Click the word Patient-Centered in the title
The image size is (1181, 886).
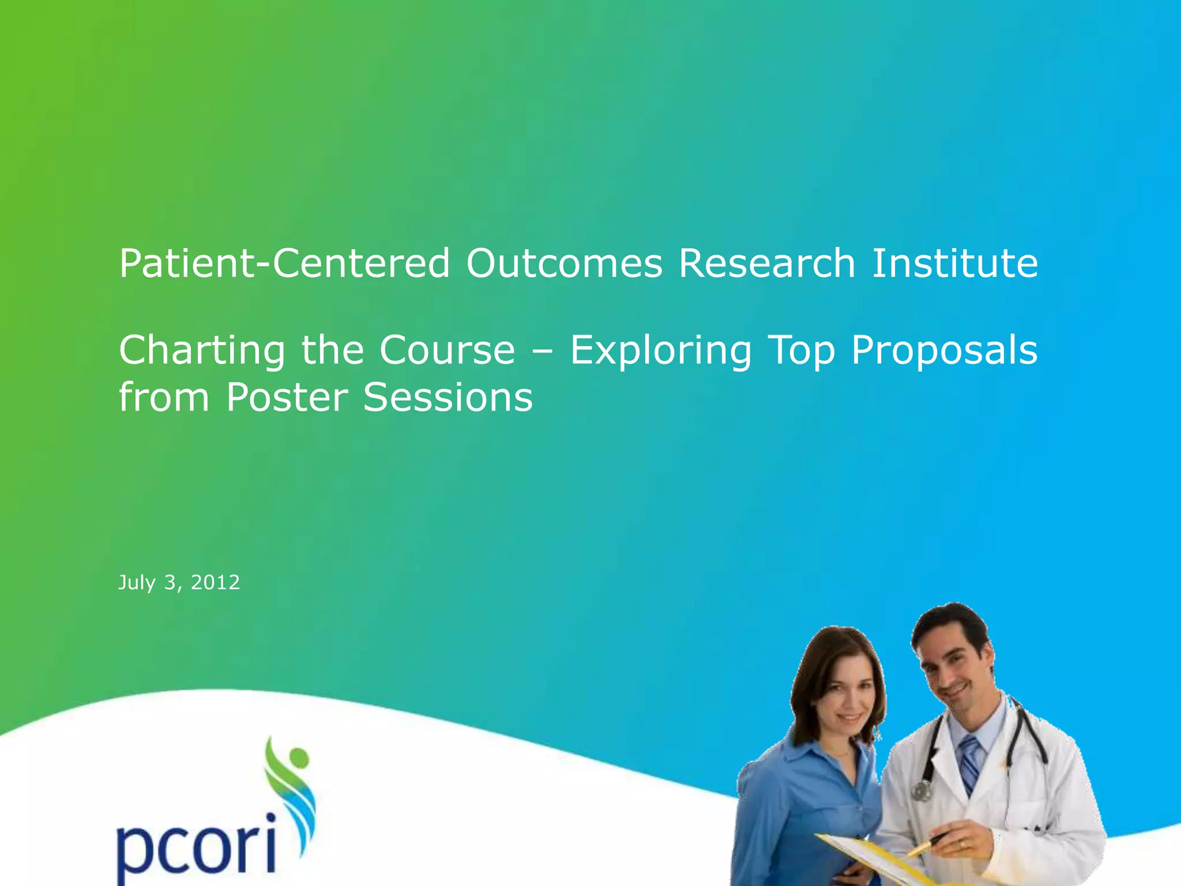coord(284,264)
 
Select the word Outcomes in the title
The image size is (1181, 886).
coord(564,264)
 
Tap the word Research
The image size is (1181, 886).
coord(766,264)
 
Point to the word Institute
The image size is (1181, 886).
coord(955,264)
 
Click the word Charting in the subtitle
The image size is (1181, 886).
coord(202,352)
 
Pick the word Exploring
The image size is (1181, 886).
coord(661,352)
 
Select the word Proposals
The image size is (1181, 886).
coord(944,351)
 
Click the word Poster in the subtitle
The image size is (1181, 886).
coord(287,398)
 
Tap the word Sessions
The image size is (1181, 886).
coord(447,398)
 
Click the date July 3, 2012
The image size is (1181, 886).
coord(179,583)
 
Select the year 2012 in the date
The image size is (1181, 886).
coord(215,583)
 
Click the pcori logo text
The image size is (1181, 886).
coord(196,845)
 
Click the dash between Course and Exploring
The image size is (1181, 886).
coord(542,352)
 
